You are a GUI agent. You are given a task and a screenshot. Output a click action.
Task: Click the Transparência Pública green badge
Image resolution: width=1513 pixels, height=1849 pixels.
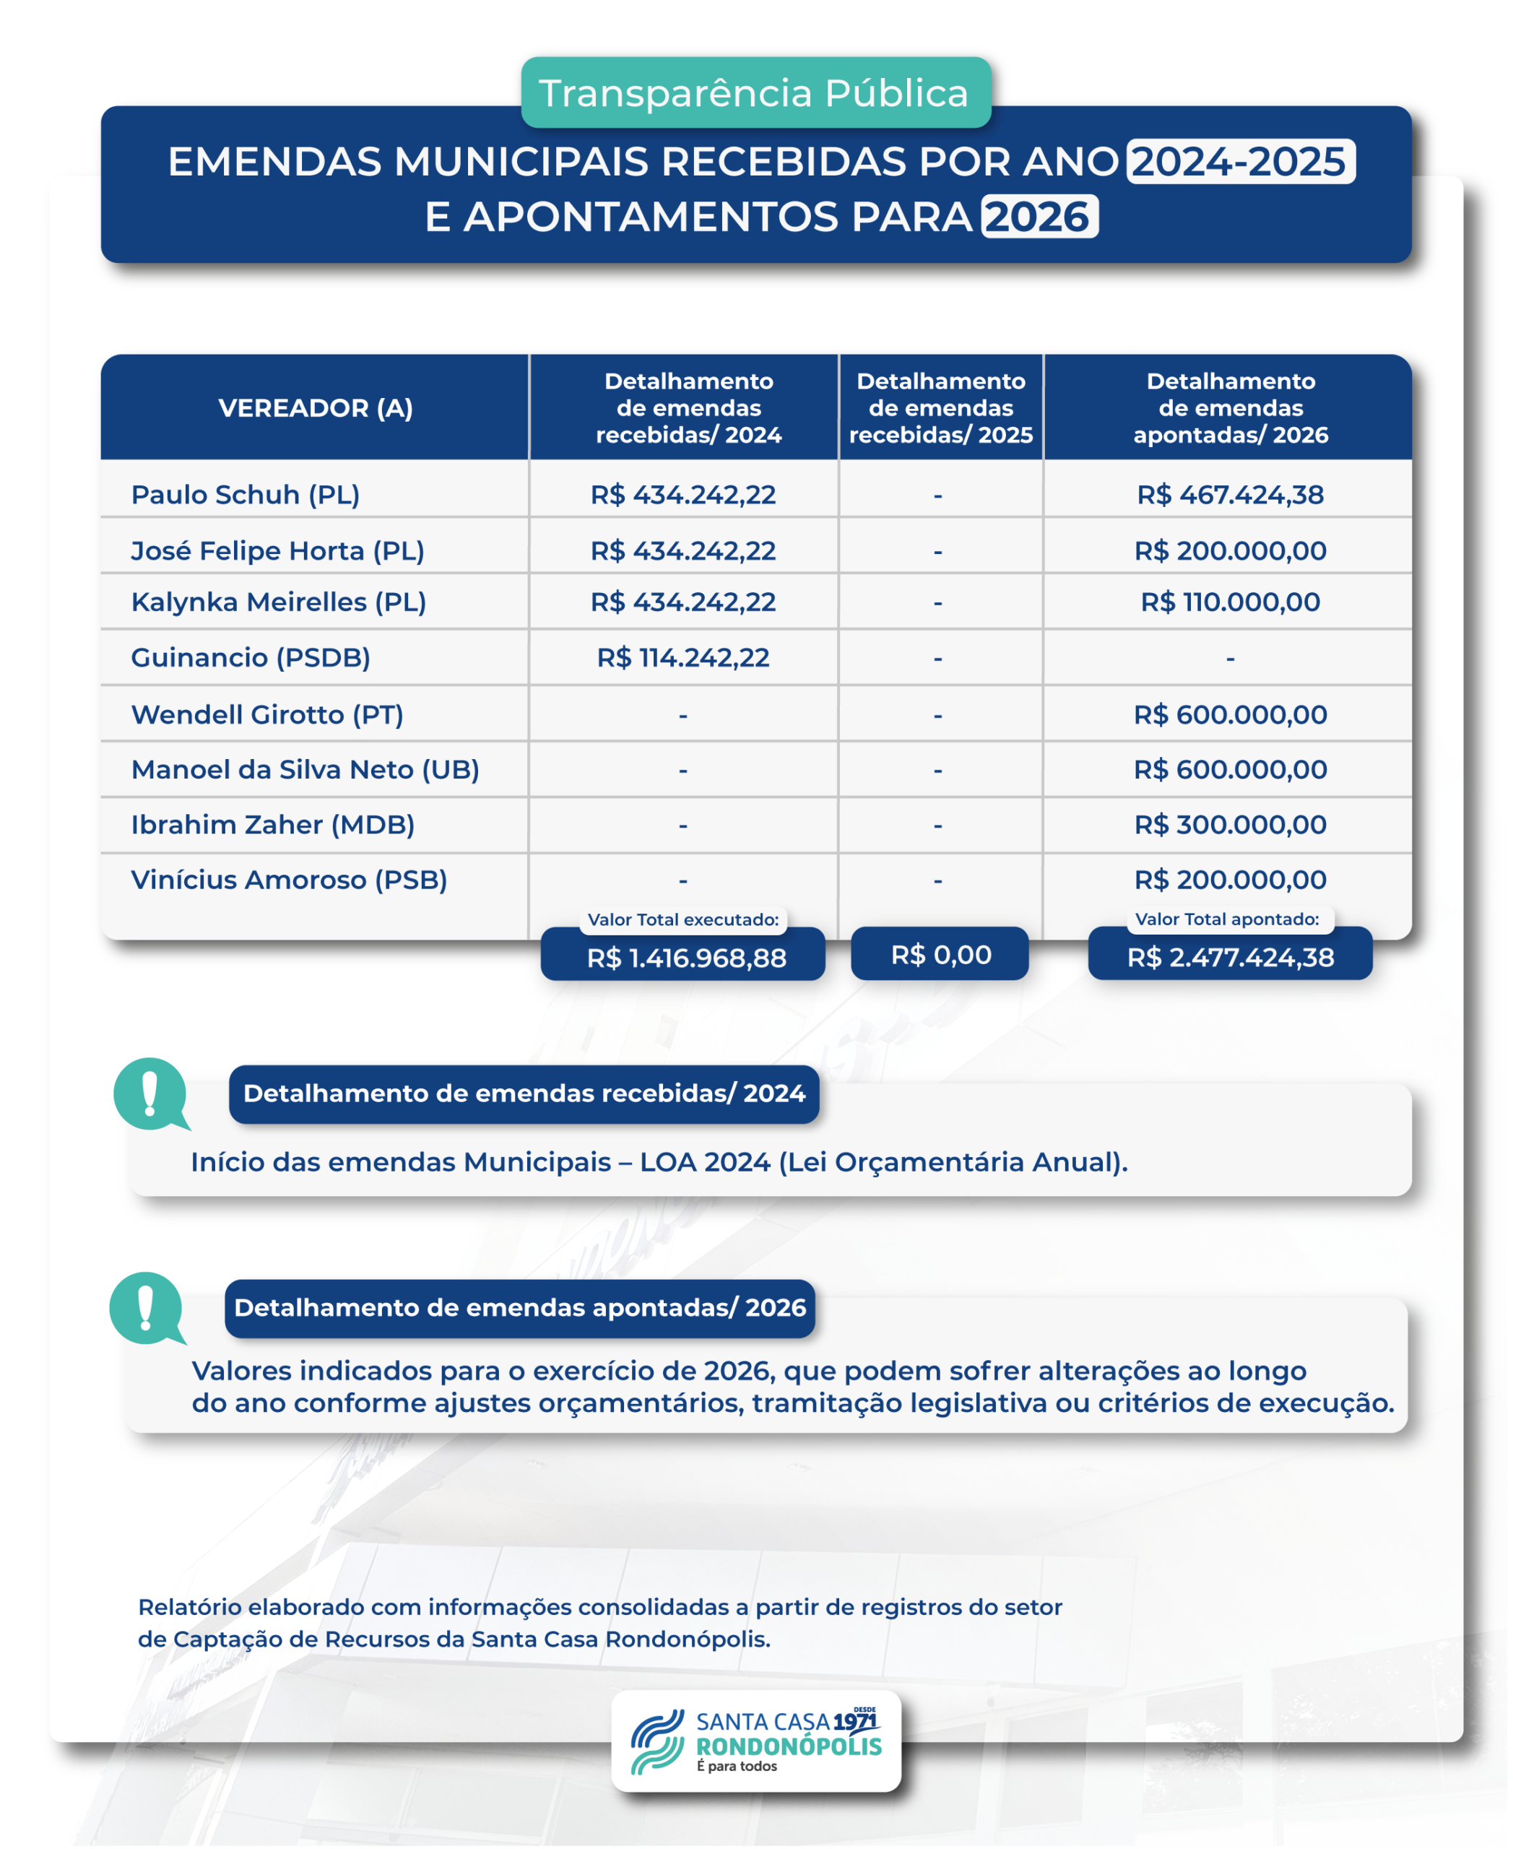(755, 92)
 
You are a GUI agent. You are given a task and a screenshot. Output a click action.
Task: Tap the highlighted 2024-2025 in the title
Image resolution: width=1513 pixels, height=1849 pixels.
(1239, 161)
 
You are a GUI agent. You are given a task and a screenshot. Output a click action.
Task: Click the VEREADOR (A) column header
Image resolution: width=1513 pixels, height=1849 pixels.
(316, 407)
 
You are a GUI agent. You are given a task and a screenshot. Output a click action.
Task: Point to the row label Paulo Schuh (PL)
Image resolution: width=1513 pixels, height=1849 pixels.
(245, 494)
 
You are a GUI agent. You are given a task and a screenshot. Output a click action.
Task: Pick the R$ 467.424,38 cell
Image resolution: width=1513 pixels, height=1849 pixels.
(1230, 494)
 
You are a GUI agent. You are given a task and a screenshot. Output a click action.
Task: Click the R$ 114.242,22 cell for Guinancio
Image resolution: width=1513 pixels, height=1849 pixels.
(682, 657)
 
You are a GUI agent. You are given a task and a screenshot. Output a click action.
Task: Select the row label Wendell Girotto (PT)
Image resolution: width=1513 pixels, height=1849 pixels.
(266, 714)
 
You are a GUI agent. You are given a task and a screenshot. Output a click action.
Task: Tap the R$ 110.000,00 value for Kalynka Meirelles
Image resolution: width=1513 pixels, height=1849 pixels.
(1230, 602)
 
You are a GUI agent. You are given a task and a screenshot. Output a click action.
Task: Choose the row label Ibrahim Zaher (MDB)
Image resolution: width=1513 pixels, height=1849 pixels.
(273, 824)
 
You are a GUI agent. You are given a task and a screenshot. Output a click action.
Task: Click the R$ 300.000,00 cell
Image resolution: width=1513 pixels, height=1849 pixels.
(1230, 824)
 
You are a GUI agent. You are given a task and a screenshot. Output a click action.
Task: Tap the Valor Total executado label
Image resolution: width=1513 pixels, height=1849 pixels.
(682, 919)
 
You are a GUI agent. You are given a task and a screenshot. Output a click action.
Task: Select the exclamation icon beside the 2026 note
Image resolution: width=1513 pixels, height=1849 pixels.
(146, 1307)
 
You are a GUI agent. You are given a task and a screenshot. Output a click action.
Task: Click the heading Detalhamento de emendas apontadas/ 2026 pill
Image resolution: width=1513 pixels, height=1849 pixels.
(519, 1307)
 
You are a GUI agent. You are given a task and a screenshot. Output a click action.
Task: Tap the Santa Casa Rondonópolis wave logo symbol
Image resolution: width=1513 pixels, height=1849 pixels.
(656, 1742)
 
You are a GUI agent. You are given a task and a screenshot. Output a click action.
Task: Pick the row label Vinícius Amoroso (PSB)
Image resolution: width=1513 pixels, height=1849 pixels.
(288, 880)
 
